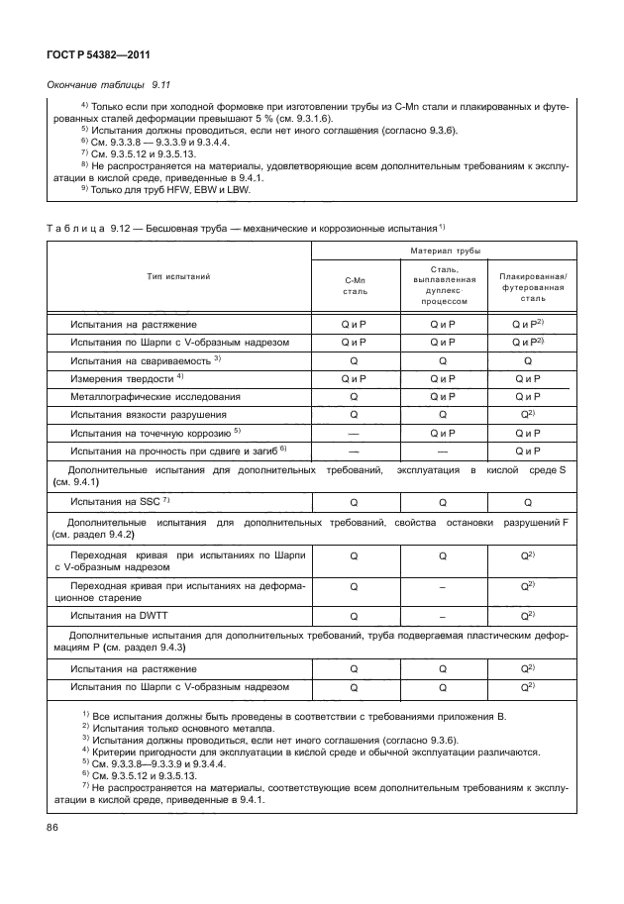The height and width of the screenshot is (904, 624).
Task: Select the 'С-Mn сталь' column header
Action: click(x=355, y=287)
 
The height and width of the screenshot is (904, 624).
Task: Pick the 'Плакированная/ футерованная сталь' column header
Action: click(x=532, y=287)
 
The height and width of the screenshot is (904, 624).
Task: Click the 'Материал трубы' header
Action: click(x=442, y=251)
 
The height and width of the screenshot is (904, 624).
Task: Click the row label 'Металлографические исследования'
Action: click(x=141, y=396)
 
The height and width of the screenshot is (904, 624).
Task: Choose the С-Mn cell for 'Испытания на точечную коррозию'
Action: click(x=354, y=433)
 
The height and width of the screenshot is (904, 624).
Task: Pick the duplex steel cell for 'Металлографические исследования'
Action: click(x=442, y=396)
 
